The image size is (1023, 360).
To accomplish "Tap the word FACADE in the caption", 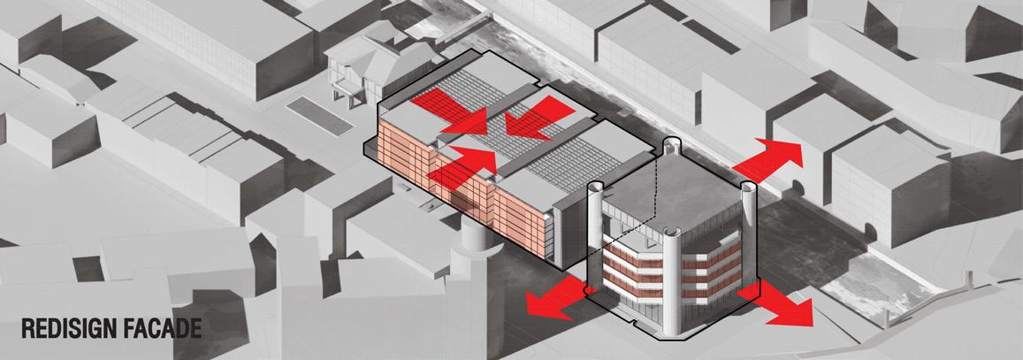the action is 166,328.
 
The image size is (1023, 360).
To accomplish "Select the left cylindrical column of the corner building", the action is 597,221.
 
